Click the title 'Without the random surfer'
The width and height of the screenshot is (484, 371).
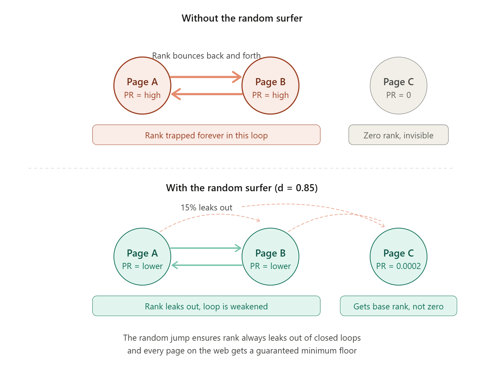242,18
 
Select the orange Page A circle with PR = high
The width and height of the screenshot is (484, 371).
142,86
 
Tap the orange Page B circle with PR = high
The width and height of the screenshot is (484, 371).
270,86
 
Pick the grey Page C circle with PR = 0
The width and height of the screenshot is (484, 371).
398,86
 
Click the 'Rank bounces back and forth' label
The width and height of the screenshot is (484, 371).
206,56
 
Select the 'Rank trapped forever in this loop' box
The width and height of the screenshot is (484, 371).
206,135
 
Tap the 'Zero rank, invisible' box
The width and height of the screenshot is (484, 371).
398,135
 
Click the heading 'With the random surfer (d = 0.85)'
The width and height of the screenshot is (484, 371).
242,188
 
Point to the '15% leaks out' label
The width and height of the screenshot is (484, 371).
206,207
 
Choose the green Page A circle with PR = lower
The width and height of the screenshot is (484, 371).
142,257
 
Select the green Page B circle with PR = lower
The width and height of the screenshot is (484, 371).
270,257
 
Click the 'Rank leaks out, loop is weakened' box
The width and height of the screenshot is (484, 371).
206,306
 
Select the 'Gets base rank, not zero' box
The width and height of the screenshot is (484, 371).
398,306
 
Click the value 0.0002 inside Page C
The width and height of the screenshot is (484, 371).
408,266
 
